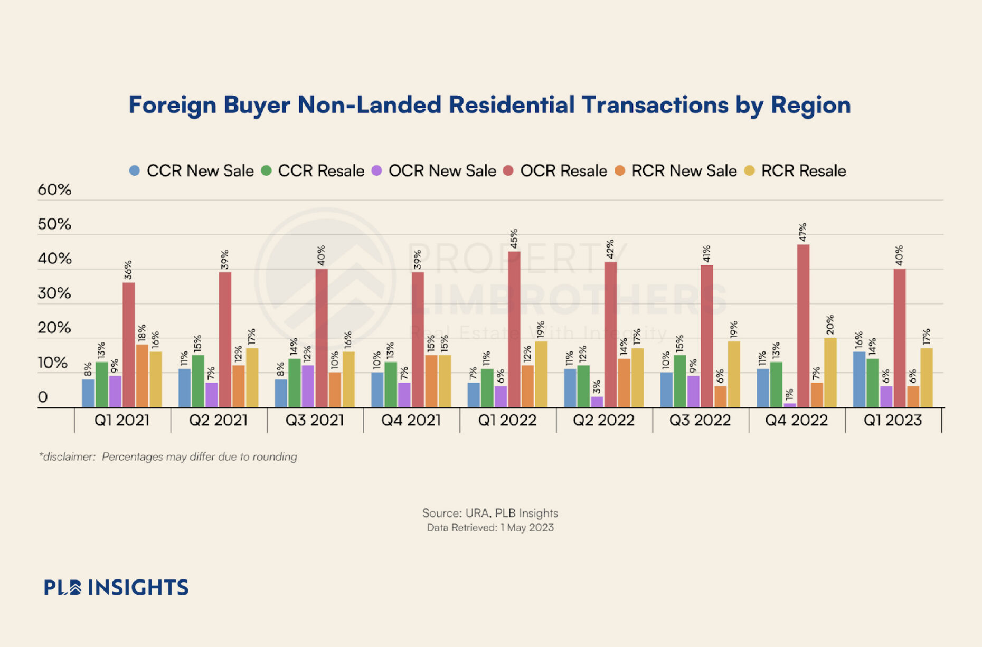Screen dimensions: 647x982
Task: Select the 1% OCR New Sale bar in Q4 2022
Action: (790, 405)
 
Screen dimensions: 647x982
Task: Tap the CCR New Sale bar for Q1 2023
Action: (859, 379)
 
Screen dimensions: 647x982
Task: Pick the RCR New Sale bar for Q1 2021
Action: (142, 376)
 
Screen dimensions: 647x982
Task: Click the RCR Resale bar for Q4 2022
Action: (830, 373)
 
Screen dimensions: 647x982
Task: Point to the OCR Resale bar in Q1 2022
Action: (514, 329)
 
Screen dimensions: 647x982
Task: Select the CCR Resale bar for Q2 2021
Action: (198, 381)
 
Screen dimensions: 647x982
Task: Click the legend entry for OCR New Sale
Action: (434, 171)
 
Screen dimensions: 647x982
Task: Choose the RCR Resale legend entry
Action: (795, 171)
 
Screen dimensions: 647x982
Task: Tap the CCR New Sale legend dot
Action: (135, 171)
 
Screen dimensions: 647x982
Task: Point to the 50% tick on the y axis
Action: (54, 224)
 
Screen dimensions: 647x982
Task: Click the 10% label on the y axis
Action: (53, 363)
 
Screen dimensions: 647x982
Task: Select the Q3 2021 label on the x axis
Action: (315, 421)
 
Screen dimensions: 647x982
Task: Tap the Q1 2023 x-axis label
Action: (893, 421)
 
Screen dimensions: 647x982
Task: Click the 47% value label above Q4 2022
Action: (803, 233)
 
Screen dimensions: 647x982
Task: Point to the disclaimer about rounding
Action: (168, 457)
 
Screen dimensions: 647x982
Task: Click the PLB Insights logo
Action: (116, 587)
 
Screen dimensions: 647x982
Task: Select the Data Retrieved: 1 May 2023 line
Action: (490, 528)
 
